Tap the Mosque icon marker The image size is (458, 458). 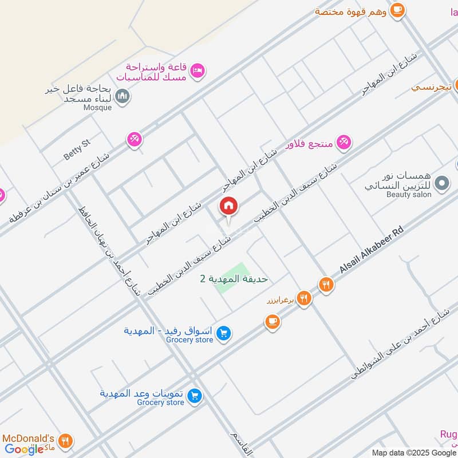[x=122, y=96]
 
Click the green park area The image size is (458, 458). [x=232, y=277]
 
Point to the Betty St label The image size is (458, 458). [x=77, y=151]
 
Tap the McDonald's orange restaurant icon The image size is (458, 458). [x=66, y=441]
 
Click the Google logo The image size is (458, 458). [x=24, y=449]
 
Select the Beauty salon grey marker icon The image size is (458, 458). [x=441, y=183]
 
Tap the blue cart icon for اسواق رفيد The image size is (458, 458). [x=224, y=333]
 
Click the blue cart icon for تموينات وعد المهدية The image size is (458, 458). [x=195, y=396]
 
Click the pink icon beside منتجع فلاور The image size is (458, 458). [x=343, y=141]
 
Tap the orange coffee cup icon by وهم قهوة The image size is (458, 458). [x=397, y=10]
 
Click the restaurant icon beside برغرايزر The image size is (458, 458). [x=304, y=298]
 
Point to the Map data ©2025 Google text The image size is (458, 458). [x=413, y=452]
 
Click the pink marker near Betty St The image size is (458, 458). [x=134, y=139]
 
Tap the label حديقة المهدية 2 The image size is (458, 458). [x=234, y=279]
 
